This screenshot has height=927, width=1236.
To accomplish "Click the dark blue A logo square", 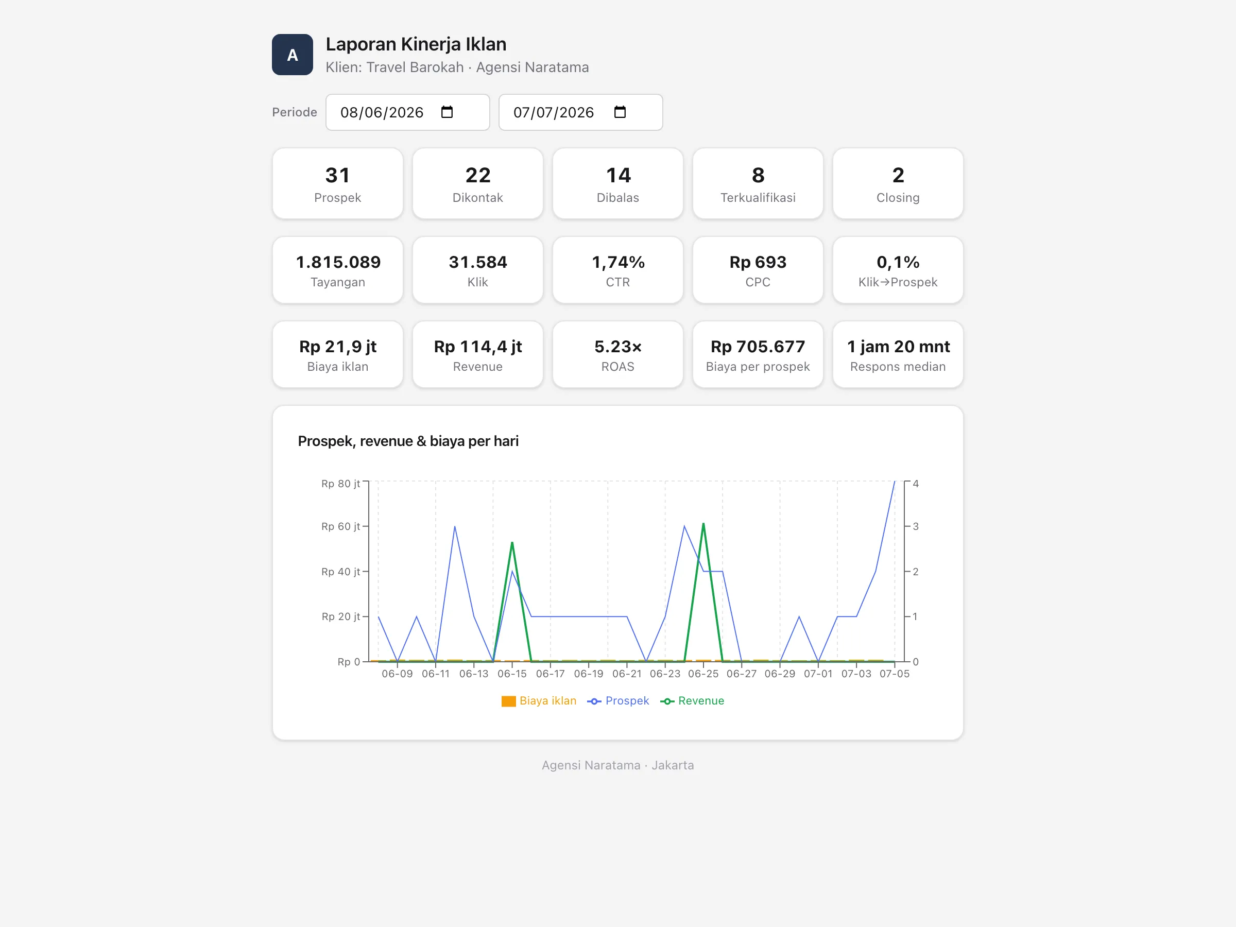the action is point(292,55).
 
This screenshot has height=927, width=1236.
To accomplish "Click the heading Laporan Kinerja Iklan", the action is point(416,44).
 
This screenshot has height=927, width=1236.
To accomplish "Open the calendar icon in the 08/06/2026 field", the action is point(447,112).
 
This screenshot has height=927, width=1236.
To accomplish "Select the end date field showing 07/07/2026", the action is point(580,112).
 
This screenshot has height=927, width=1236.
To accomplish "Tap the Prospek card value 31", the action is point(337,176).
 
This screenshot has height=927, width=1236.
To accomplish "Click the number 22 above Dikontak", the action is point(478,176).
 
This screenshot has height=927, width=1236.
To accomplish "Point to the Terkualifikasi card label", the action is point(758,198).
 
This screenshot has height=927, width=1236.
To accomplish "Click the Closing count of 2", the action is point(898,176).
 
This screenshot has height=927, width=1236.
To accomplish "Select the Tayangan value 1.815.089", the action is point(338,262).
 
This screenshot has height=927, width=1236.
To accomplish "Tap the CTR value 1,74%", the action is point(618,262).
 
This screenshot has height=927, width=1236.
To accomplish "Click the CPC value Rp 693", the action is point(758,262).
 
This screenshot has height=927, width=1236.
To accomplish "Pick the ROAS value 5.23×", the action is point(618,347).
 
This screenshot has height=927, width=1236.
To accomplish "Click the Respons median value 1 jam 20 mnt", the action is point(898,347).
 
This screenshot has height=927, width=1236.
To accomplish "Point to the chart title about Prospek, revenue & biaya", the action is point(408,441).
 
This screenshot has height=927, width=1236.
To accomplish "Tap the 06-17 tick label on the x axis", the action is point(551,674).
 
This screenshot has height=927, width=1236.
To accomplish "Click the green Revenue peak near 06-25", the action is point(703,524).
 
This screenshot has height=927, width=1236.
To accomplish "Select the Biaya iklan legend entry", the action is point(539,701).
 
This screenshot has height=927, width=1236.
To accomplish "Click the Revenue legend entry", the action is point(692,701).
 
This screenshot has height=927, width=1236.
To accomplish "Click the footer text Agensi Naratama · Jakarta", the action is point(618,765).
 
